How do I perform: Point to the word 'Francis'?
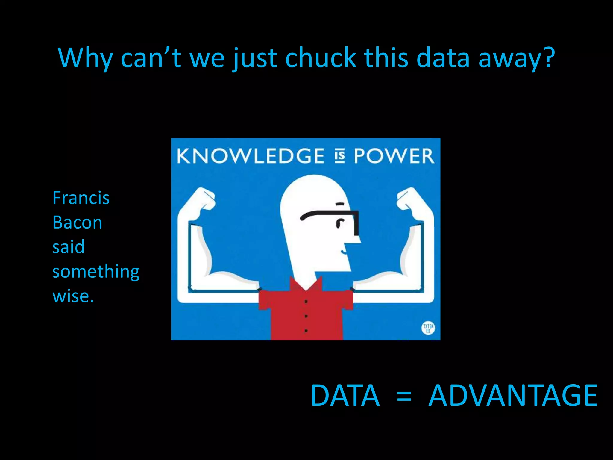coord(81,198)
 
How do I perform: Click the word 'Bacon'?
coord(77,223)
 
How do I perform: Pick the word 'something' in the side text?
coord(96,272)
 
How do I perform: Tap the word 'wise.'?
coord(73,296)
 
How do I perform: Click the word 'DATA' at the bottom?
coord(345,396)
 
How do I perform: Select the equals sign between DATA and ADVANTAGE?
coord(404,397)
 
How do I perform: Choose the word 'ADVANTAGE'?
coord(513,396)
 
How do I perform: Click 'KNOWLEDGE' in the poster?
coord(251,156)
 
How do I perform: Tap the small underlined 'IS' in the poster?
coord(339,156)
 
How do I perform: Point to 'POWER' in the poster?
coord(394,156)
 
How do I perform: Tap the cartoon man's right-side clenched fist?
coord(409,199)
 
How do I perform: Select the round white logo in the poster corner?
coord(428,328)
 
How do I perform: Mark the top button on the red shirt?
coord(306,301)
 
